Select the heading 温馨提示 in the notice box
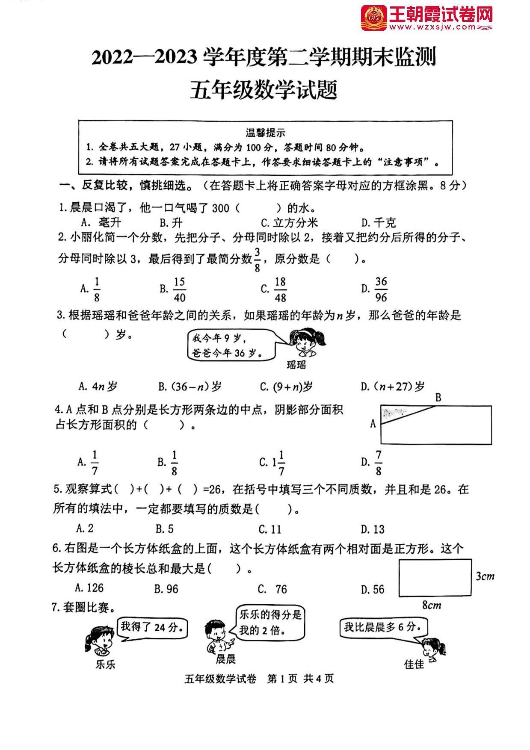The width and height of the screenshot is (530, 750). pos(265,133)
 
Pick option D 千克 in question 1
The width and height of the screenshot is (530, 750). pos(379,222)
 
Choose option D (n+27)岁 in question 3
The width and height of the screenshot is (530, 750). pos(393,387)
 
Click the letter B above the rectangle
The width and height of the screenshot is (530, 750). pos(438,398)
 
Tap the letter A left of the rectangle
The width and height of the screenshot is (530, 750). pos(373,423)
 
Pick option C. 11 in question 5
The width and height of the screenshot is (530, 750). pos(270,529)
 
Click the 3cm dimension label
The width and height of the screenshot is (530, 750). pos(485,576)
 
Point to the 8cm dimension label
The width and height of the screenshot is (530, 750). pos(432,605)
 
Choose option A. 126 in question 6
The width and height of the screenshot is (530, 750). pos(89,588)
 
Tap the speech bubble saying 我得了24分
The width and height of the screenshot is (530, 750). pos(153,628)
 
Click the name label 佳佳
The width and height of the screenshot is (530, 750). pos(414,664)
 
